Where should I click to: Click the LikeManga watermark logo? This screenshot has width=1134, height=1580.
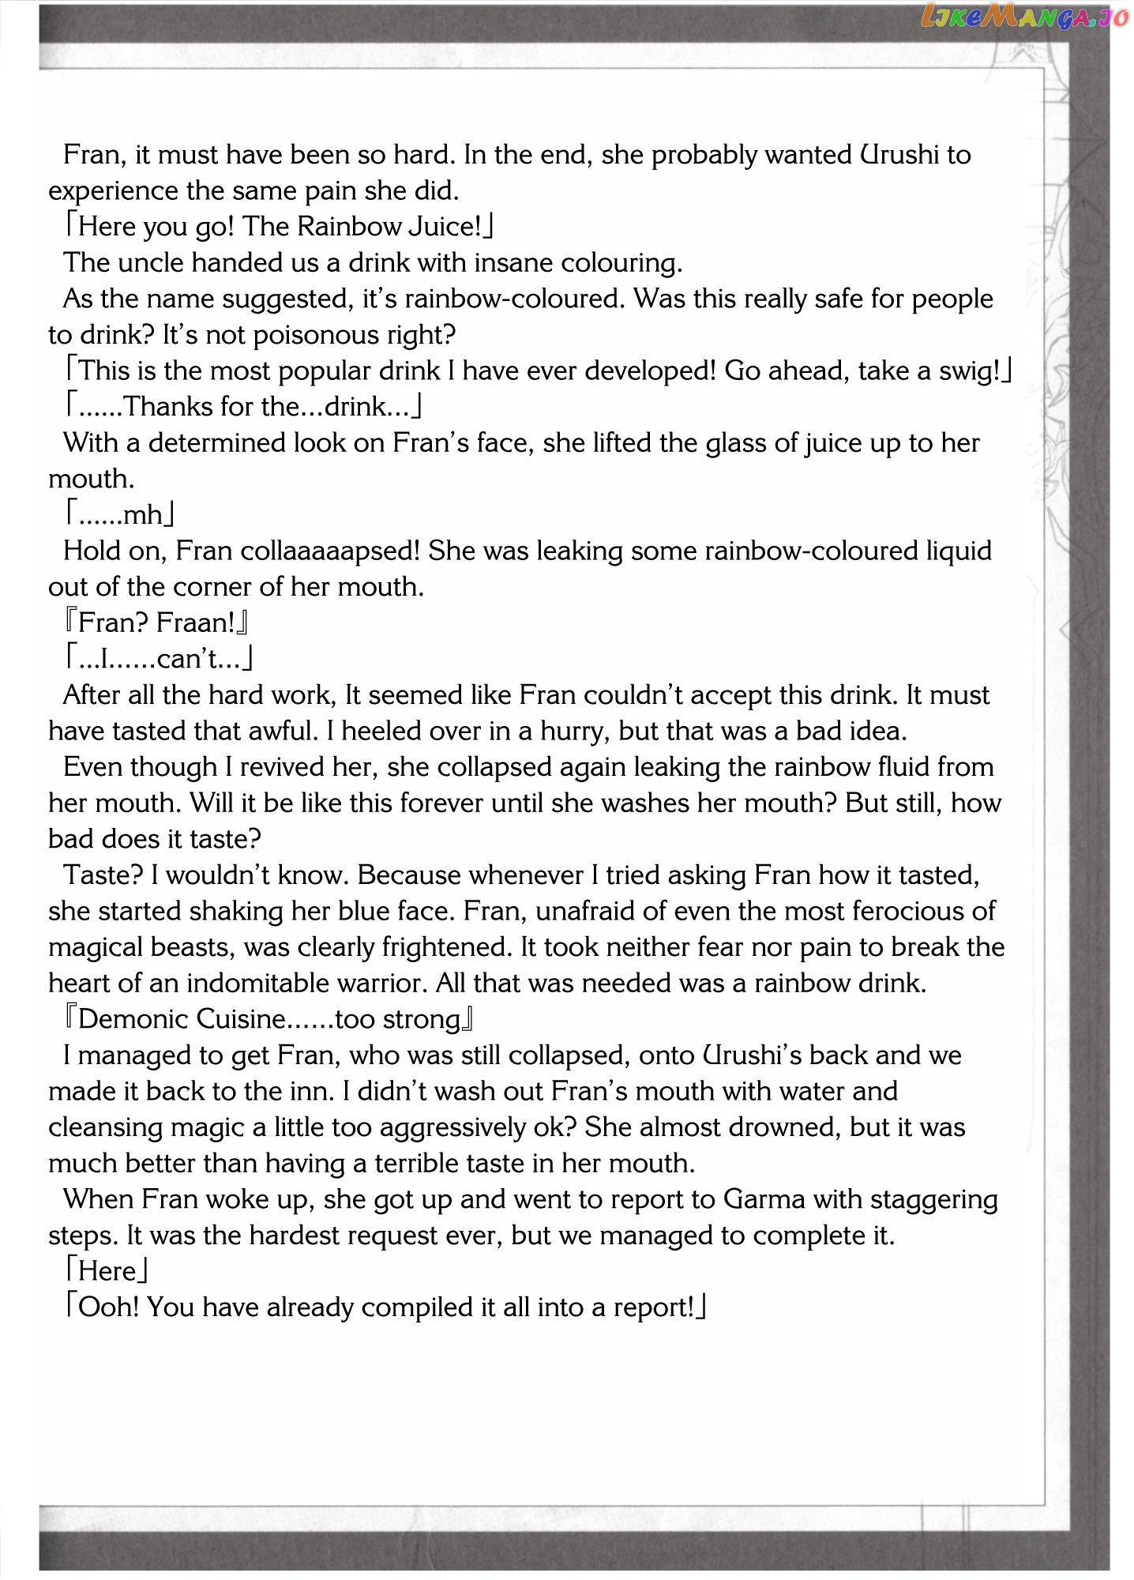point(1023,17)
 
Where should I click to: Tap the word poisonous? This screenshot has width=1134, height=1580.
point(304,335)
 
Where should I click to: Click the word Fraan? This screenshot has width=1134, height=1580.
point(196,623)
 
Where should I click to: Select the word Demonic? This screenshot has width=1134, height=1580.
point(133,1019)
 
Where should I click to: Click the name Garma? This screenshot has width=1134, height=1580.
point(764,1199)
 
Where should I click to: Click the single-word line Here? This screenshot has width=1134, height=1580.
point(107,1271)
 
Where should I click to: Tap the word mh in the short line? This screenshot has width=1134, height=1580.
point(143,515)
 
